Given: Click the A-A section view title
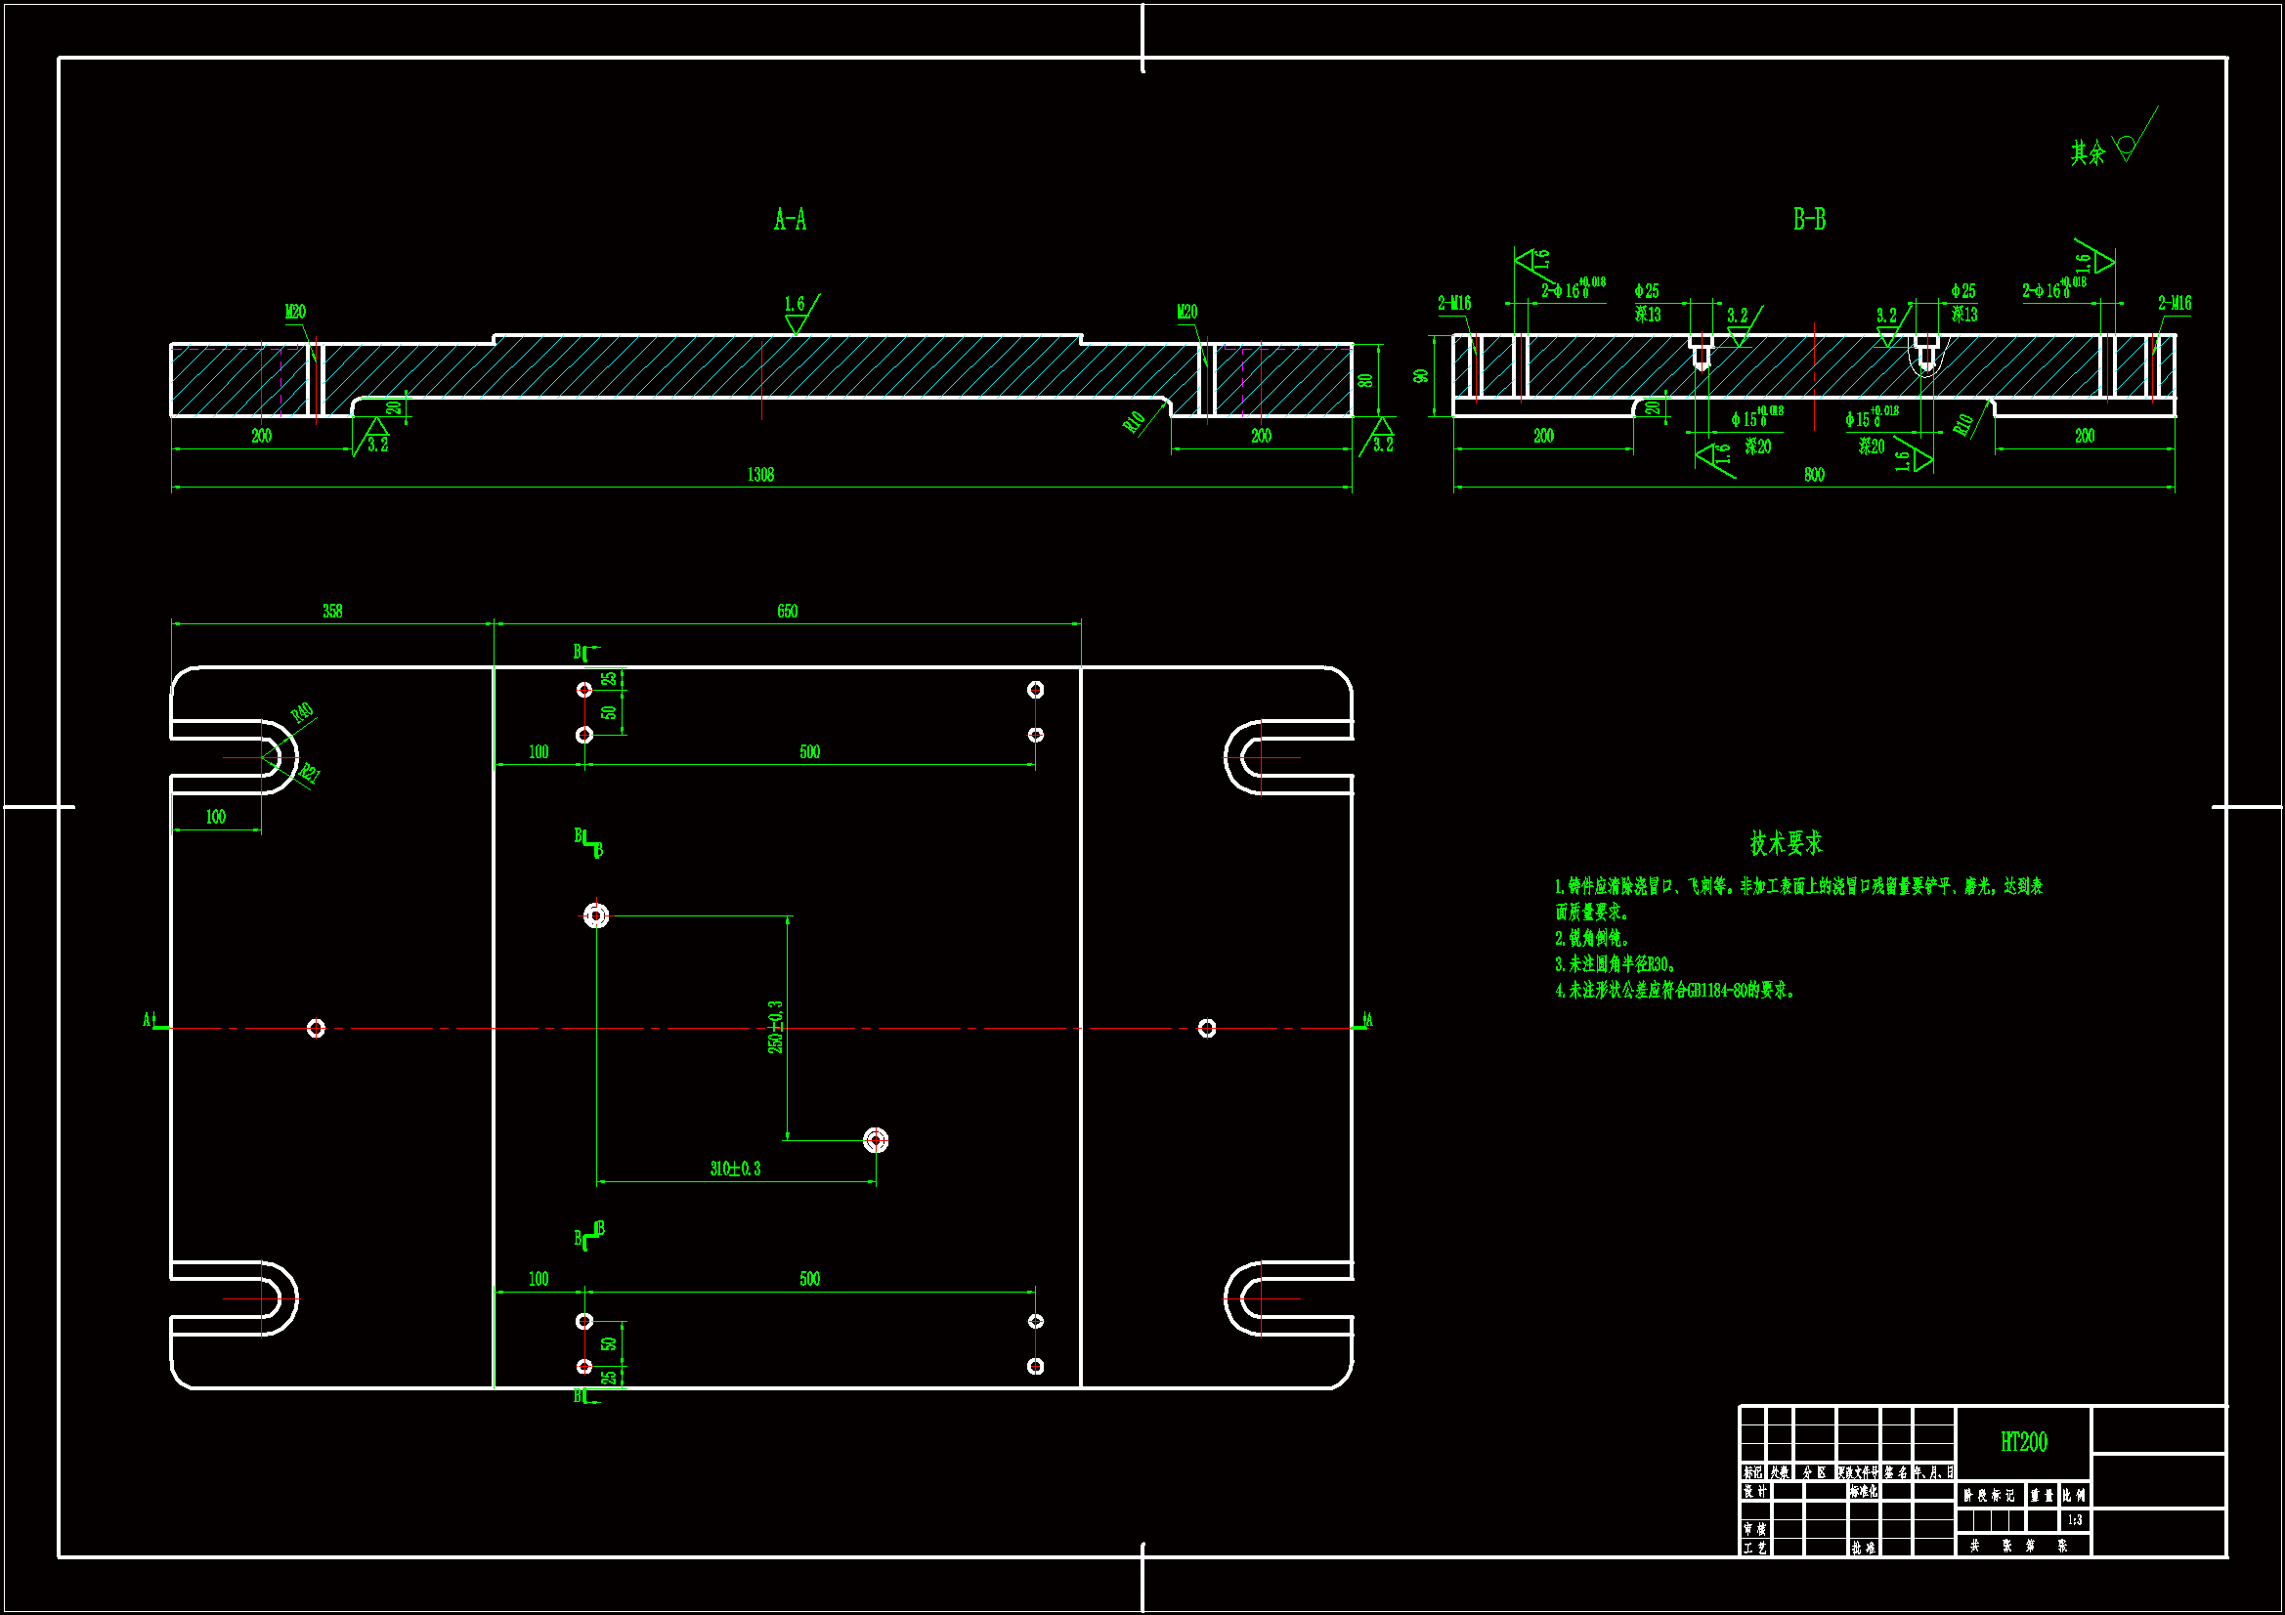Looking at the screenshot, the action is point(791,220).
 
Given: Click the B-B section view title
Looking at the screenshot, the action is point(1809,220).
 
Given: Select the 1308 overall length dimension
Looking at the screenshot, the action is point(760,475).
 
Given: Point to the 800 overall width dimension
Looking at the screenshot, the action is point(1814,475).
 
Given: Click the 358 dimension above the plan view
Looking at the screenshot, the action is point(332,611).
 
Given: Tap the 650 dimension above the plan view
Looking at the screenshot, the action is point(787,611).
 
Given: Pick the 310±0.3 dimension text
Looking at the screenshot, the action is point(736,1169).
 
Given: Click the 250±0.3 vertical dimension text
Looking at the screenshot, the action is point(775,1027).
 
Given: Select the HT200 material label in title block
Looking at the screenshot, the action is point(2023,1442).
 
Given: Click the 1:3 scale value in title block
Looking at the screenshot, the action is point(2074,1520).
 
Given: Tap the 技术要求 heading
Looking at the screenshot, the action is point(1787,844).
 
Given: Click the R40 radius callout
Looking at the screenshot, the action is point(303,712).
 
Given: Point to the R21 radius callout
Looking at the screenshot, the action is point(310,773).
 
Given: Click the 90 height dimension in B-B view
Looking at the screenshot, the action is point(1421,376).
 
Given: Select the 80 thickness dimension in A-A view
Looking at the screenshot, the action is point(1365,380).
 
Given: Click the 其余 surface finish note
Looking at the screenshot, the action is point(2088,152).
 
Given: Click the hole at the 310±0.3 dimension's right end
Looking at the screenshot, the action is point(876,1140).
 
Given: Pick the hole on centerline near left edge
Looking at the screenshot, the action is point(316,1028).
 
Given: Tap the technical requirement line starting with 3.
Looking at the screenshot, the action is point(1616,964).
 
